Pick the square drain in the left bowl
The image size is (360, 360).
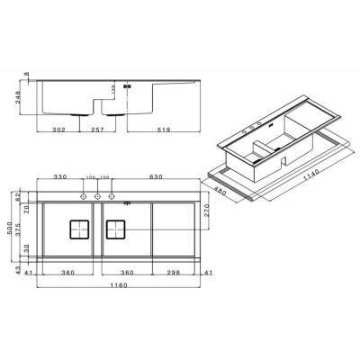click(77, 229)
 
